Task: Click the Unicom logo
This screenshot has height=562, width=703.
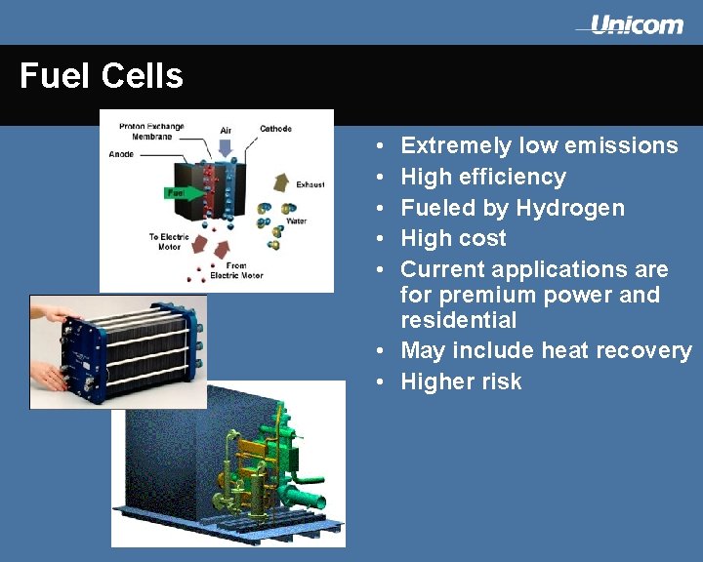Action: point(635,25)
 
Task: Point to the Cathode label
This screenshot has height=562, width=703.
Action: point(275,129)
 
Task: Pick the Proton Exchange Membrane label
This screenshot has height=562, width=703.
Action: point(151,132)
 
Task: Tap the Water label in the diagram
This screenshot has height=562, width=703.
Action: point(296,221)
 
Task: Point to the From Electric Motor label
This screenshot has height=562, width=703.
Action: point(236,270)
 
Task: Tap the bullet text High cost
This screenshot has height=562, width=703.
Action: point(453,238)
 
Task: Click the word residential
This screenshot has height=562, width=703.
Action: point(458,320)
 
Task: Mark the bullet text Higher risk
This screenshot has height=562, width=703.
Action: point(461,381)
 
